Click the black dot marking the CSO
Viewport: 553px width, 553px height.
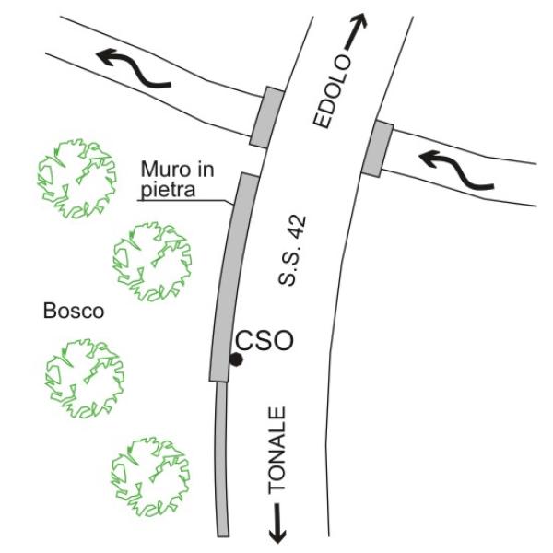coord(236,359)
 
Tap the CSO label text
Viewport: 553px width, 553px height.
coord(265,340)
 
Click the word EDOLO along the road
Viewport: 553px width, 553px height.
coord(333,91)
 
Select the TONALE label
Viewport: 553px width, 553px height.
coord(276,451)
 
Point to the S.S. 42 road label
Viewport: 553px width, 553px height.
coord(292,251)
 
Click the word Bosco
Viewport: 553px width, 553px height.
coord(74,312)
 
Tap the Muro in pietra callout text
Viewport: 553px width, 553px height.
coord(177,179)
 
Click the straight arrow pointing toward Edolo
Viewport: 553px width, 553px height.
coord(355,31)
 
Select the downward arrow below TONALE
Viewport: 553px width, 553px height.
coord(277,523)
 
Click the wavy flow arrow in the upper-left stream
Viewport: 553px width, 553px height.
coord(134,67)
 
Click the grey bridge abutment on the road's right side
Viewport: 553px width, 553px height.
coord(377,148)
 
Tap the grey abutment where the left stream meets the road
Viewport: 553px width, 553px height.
coord(266,117)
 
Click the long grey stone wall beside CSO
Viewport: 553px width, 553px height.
coord(233,277)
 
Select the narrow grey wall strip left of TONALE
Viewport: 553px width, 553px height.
coord(222,459)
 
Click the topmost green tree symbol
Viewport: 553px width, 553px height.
coord(76,178)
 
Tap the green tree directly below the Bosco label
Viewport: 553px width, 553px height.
coord(85,378)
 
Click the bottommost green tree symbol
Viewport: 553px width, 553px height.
coord(150,477)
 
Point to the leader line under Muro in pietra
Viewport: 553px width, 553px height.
coord(185,201)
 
